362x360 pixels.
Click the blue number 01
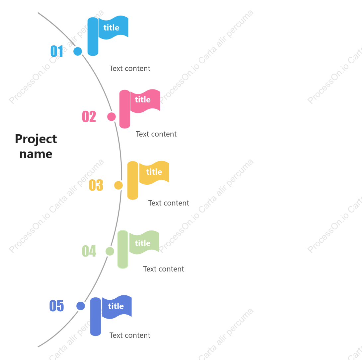(57, 51)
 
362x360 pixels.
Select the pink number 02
(89, 116)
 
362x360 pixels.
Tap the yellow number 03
(96, 185)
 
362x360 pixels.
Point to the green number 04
(89, 251)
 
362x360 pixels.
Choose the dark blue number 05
(56, 306)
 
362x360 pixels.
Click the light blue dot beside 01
(78, 51)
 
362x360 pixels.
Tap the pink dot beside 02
(111, 116)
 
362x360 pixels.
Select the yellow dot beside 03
(118, 185)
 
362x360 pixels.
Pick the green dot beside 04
(110, 251)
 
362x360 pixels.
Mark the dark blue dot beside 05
(81, 306)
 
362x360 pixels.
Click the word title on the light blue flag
(111, 28)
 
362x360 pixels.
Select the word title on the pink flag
(143, 100)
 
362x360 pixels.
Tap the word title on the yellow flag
(154, 172)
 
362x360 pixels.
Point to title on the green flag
(143, 243)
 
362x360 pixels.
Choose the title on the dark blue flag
(116, 306)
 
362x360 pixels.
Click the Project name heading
(36, 146)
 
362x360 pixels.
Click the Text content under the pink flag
(156, 134)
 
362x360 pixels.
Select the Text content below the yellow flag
(169, 203)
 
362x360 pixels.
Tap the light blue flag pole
(93, 36)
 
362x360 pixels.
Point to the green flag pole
(123, 249)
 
